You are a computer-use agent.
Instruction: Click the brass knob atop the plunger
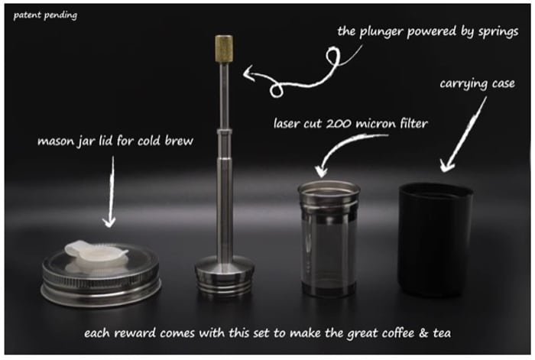(224, 48)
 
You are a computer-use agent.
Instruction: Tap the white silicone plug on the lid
(96, 254)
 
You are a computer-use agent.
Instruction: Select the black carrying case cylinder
(435, 239)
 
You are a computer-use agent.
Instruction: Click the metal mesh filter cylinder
(329, 239)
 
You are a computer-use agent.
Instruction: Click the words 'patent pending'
(45, 15)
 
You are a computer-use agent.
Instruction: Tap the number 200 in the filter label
(340, 124)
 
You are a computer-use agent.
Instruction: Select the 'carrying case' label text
(477, 84)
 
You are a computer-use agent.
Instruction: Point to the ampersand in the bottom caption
(423, 332)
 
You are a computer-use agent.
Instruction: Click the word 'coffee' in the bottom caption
(398, 332)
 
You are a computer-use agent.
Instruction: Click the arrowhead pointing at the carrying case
(446, 166)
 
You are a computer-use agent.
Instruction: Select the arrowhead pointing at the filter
(321, 171)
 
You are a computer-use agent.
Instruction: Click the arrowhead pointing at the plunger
(248, 73)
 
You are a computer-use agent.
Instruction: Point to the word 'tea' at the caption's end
(442, 333)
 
